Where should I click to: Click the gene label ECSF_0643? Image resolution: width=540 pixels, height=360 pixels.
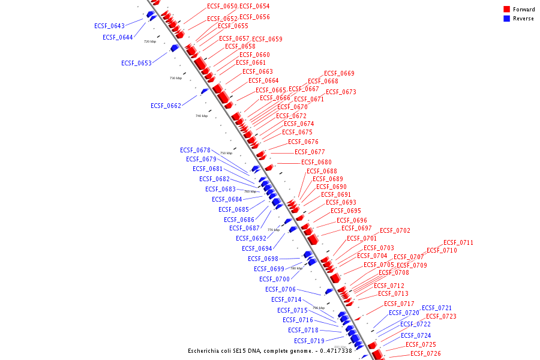[x=109, y=26]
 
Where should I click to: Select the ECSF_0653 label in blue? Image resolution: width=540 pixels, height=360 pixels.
[x=136, y=63]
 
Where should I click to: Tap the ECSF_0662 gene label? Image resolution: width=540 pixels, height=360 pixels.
[x=166, y=106]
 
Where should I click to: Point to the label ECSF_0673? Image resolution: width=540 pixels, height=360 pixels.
[x=341, y=92]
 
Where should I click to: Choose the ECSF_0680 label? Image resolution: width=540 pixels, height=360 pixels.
[x=316, y=163]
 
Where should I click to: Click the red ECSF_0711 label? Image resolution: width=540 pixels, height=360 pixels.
[x=458, y=243]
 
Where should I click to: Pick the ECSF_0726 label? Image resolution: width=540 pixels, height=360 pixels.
[x=425, y=354]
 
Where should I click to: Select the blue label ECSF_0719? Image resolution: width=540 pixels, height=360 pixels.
[x=310, y=341]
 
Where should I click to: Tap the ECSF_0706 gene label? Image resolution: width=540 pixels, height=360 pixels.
[x=280, y=290]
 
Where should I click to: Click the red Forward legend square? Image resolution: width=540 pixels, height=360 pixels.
[x=506, y=9]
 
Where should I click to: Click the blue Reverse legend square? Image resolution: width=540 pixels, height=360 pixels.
[x=506, y=19]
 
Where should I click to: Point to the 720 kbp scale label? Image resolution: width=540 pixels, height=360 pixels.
[x=150, y=41]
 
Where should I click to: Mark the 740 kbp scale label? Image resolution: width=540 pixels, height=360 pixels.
[x=202, y=116]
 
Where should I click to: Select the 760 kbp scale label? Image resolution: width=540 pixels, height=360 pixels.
[x=250, y=191]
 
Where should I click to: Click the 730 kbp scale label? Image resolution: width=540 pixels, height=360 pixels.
[x=176, y=78]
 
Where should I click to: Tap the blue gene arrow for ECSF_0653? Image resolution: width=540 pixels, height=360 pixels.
[x=174, y=48]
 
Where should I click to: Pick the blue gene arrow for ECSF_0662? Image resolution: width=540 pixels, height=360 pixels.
[x=204, y=91]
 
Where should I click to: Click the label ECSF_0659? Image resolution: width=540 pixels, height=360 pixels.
[x=267, y=40]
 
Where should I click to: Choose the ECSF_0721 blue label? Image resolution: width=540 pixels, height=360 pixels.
[x=437, y=308]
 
